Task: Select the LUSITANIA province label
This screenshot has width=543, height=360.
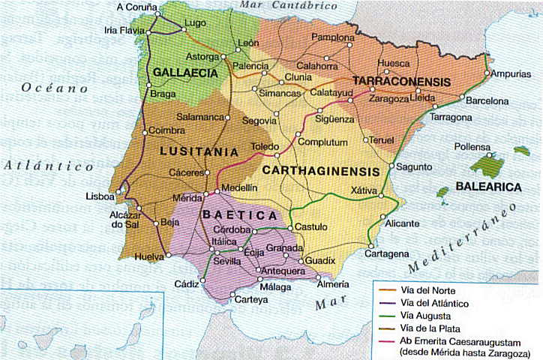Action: point(194,151)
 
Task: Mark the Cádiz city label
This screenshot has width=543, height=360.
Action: point(186,283)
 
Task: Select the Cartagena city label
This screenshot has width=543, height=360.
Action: point(388,254)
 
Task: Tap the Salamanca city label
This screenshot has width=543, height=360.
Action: point(201,118)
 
